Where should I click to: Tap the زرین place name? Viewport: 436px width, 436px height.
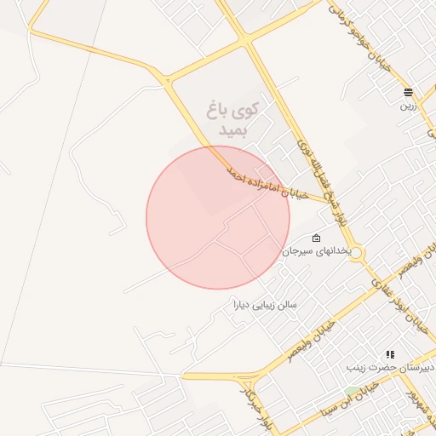click(x=409, y=107)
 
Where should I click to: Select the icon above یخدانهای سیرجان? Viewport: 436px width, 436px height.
click(x=317, y=238)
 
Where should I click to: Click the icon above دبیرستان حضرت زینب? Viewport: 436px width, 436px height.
click(x=390, y=354)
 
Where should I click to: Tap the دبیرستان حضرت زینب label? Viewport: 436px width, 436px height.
click(x=390, y=368)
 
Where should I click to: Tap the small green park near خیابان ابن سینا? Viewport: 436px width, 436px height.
click(x=351, y=392)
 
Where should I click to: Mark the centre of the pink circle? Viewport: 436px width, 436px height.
click(x=218, y=217)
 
